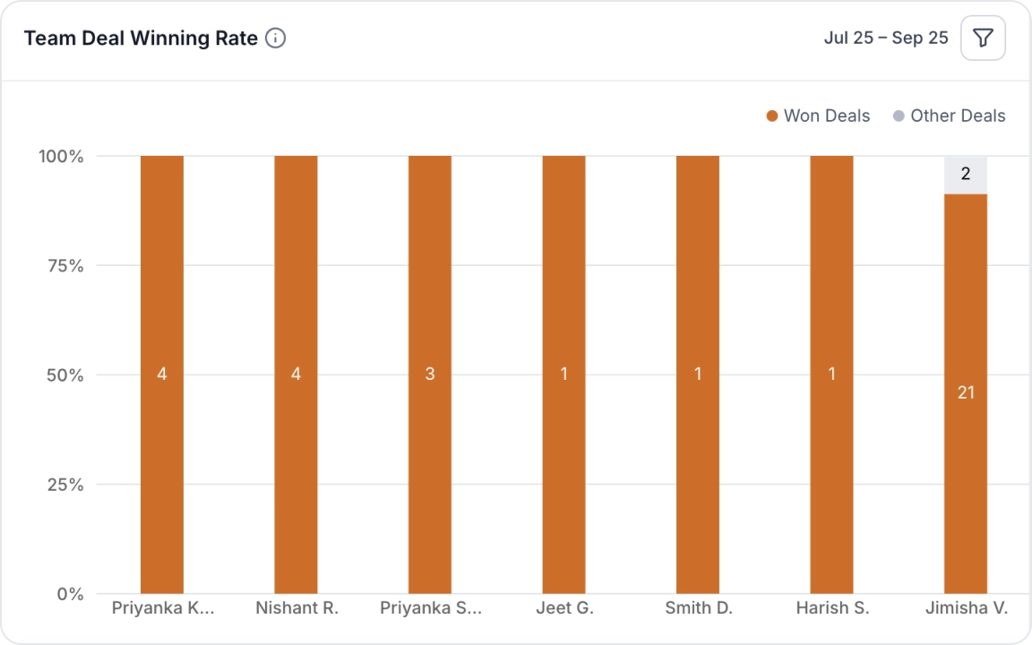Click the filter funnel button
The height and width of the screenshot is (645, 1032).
click(983, 39)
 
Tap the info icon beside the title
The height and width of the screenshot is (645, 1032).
click(276, 39)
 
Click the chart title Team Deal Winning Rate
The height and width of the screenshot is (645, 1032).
click(141, 39)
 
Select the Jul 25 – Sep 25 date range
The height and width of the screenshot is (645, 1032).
click(885, 39)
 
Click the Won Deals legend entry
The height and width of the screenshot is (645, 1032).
click(818, 116)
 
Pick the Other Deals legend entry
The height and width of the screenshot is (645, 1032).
click(949, 116)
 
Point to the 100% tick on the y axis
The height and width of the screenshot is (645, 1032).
click(61, 157)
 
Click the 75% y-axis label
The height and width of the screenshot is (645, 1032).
click(64, 266)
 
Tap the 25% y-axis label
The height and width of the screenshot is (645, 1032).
click(64, 485)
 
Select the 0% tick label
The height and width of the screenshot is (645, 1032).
click(70, 594)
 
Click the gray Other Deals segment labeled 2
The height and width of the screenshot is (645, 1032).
click(966, 175)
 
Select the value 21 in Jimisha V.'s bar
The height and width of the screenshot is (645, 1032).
click(966, 392)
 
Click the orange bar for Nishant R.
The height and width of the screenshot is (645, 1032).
click(296, 269)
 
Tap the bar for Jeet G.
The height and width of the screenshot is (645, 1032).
click(563, 269)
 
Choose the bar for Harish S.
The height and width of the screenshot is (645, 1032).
click(831, 269)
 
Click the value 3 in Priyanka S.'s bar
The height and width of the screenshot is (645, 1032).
click(430, 374)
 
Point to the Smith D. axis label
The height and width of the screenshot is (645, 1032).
click(699, 608)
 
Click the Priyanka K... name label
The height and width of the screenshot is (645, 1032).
click(163, 608)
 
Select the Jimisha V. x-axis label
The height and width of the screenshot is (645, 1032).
click(966, 608)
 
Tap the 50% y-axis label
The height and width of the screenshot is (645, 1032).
click(64, 375)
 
